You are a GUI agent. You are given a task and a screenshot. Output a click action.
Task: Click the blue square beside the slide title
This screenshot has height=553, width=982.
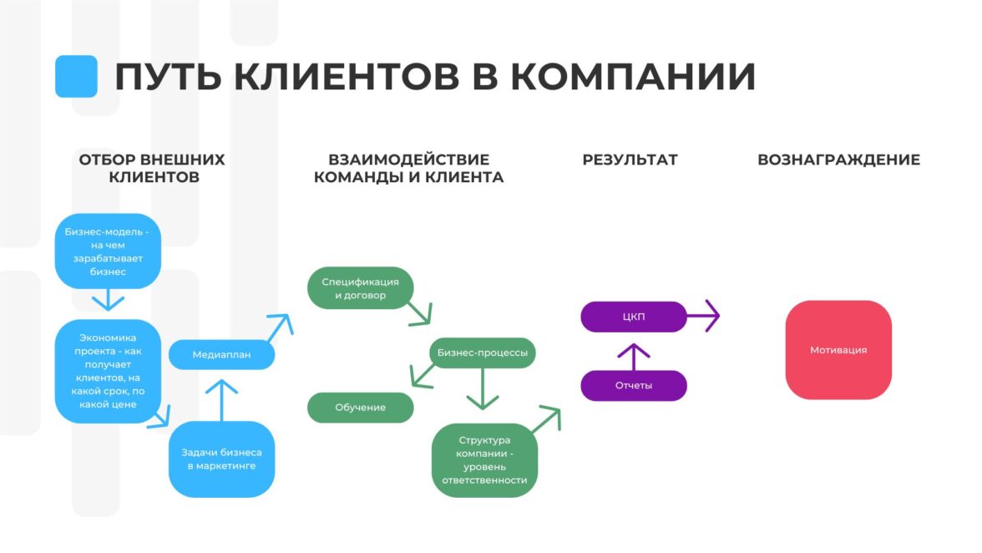76,76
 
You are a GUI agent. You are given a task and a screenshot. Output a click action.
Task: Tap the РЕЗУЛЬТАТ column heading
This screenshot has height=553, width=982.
630,160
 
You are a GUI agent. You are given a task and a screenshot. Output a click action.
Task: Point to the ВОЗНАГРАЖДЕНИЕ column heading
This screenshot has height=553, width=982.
838,160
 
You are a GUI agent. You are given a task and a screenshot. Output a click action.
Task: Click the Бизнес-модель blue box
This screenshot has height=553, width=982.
108,251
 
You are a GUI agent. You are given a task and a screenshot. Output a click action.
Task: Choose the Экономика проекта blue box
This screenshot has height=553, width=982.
108,371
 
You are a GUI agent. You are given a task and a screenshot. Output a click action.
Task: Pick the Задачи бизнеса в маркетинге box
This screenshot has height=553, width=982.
221,459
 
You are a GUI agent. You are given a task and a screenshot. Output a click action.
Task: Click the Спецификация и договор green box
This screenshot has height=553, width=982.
360,288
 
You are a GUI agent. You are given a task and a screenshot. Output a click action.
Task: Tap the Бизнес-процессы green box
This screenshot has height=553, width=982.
483,353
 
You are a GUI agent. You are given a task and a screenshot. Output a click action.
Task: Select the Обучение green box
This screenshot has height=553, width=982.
360,408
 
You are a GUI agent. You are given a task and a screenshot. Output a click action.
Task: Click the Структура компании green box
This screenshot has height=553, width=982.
484,460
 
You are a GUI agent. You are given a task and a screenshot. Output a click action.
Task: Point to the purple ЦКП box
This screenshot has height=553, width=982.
633,317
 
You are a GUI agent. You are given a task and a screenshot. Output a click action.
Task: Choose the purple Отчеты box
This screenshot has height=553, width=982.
633,386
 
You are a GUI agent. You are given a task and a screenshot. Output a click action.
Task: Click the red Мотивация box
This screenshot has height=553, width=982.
838,350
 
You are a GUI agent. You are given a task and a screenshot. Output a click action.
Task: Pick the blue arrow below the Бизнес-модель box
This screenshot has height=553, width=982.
108,300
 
